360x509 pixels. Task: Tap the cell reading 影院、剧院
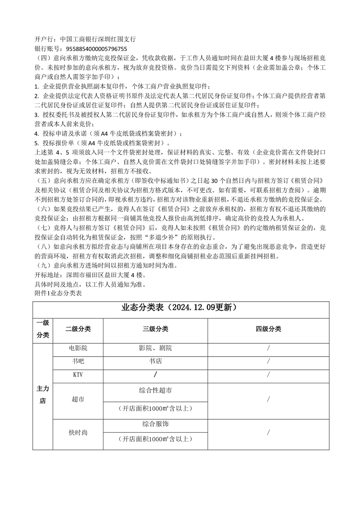156,348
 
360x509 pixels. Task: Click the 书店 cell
156,362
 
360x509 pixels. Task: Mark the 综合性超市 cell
156,390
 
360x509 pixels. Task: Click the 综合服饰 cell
156,424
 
